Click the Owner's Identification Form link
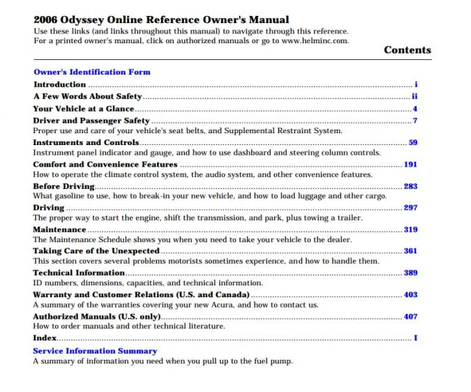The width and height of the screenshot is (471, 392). [91, 72]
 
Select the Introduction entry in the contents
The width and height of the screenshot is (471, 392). [59, 84]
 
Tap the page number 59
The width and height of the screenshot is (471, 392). [412, 142]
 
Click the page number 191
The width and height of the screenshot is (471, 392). [410, 165]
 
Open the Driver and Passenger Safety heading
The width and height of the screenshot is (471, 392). [91, 121]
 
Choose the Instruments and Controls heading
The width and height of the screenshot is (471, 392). [86, 142]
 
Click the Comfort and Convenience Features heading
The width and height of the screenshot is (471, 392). [105, 165]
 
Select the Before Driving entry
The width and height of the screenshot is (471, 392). [63, 186]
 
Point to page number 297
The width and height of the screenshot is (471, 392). [410, 208]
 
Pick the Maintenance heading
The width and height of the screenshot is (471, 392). [59, 229]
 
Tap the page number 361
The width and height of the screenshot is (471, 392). [410, 251]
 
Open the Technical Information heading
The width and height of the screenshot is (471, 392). [78, 273]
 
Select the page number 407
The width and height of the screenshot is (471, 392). [410, 317]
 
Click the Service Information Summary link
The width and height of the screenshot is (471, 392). [95, 351]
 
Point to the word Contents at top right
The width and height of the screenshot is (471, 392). [408, 50]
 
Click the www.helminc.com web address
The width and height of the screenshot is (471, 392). [314, 40]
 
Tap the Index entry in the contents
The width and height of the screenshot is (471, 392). [44, 338]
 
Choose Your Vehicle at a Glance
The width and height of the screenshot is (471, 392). [84, 109]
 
